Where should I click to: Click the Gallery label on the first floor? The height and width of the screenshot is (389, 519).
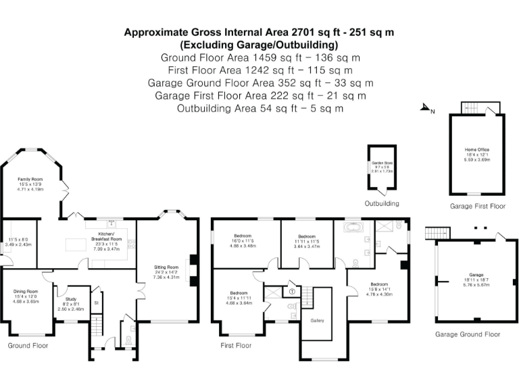[x=318, y=320]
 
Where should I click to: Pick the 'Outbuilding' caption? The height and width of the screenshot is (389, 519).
[x=382, y=203]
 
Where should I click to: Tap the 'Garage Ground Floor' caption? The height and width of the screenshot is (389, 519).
[x=468, y=334]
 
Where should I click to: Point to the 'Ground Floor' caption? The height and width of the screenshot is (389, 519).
[x=28, y=345]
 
